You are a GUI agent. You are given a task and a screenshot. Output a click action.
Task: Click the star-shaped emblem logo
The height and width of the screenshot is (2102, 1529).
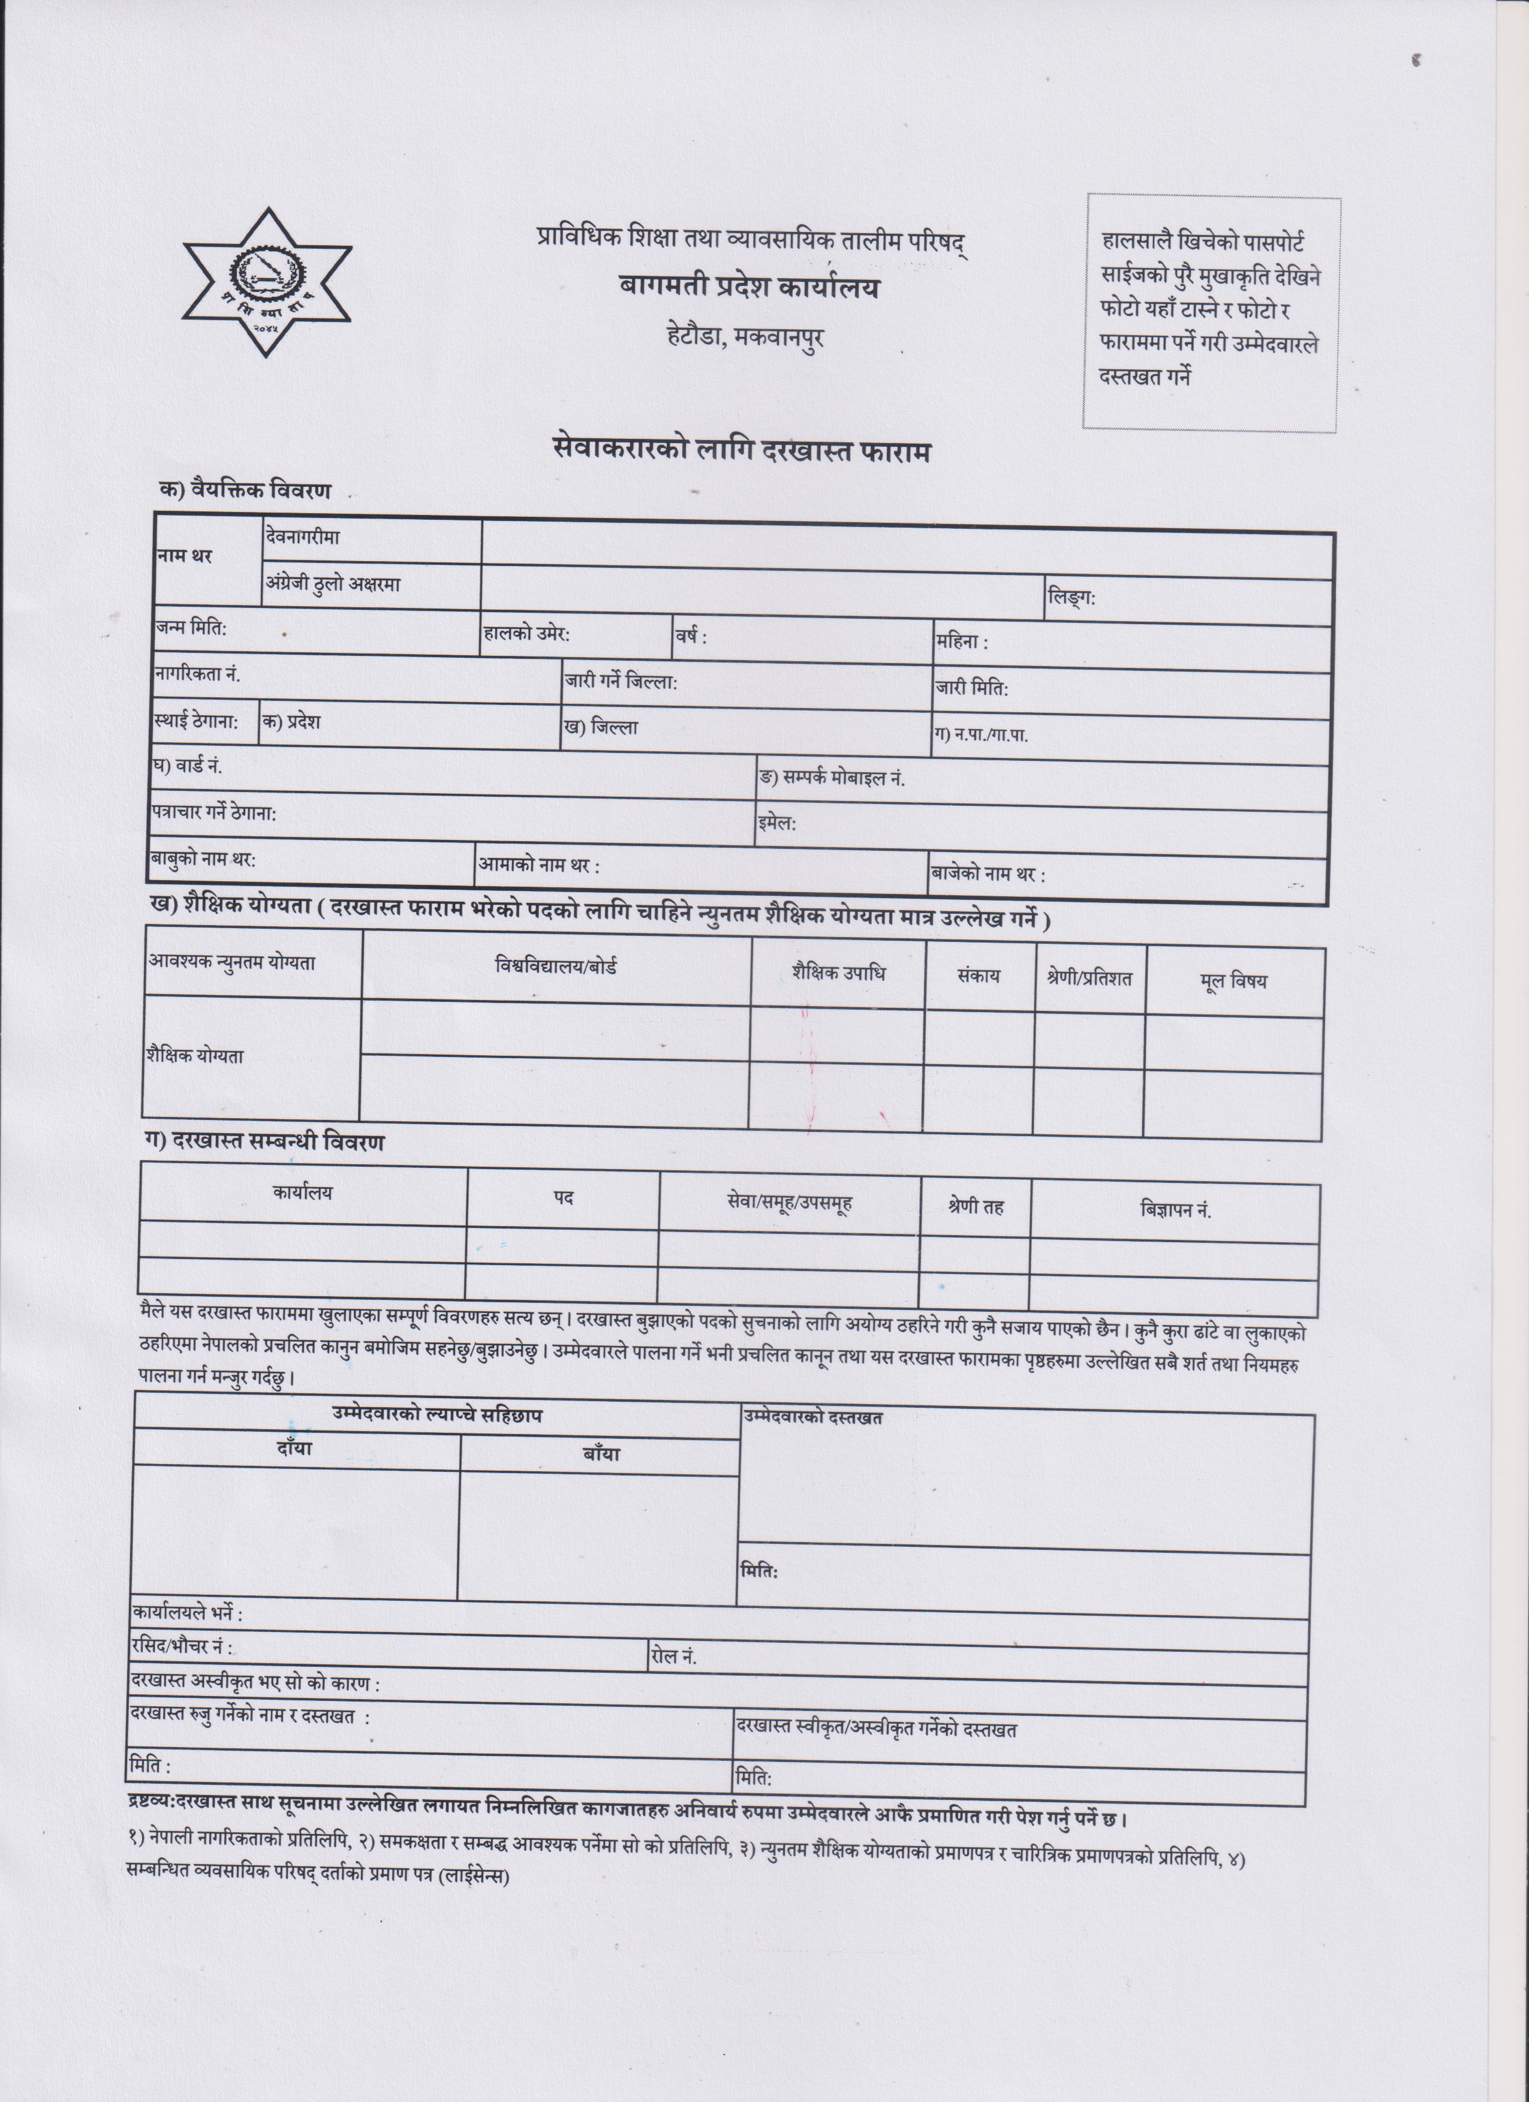pos(266,282)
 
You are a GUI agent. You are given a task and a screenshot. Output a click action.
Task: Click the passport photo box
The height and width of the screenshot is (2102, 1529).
pos(1211,312)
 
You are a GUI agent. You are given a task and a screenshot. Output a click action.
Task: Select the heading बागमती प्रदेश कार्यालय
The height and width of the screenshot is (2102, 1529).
pos(749,288)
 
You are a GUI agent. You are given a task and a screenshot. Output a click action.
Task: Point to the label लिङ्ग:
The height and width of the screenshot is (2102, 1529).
pos(1071,598)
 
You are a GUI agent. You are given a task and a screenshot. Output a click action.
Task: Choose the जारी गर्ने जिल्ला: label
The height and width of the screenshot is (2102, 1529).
pos(621,683)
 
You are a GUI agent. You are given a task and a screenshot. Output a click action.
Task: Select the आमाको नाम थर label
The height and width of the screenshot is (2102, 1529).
pos(538,866)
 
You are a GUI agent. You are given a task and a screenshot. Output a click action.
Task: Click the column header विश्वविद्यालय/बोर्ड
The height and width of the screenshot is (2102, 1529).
pos(556,966)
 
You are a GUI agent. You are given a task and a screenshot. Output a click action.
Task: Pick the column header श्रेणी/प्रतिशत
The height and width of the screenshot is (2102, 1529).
pos(1089,978)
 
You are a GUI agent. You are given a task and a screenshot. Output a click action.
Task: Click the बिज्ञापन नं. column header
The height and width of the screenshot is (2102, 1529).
pos(1175,1209)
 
